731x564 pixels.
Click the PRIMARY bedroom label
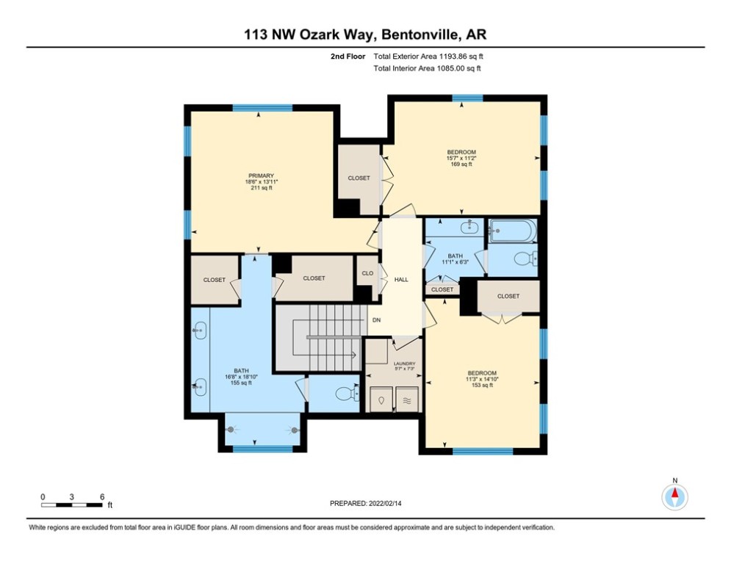click(261, 176)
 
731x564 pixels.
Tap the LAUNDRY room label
click(404, 364)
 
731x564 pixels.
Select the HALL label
click(401, 280)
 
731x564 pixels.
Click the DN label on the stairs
click(375, 320)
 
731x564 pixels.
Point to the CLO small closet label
click(367, 274)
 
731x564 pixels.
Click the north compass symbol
click(674, 496)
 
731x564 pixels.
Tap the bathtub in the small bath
click(512, 232)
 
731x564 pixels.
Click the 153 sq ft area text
click(482, 386)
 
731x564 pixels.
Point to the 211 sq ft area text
click(261, 188)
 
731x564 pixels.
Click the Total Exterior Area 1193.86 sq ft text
click(428, 56)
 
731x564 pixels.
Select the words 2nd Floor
click(348, 56)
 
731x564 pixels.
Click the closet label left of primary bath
click(214, 280)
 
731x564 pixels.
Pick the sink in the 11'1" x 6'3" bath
click(469, 228)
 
